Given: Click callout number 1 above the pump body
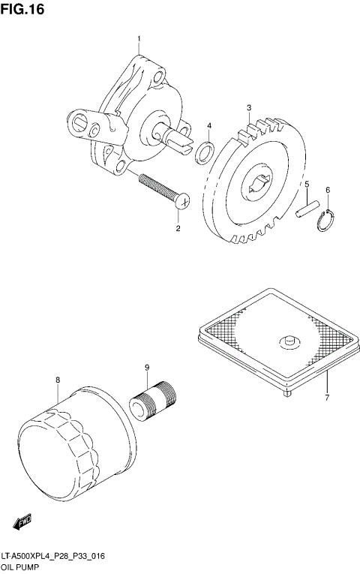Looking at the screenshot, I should [x=138, y=38].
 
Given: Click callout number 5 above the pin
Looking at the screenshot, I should [x=306, y=184].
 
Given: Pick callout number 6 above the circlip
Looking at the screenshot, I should [x=328, y=190].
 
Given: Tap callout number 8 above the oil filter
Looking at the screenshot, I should [x=57, y=380].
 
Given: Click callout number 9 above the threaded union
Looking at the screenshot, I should [x=148, y=367].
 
